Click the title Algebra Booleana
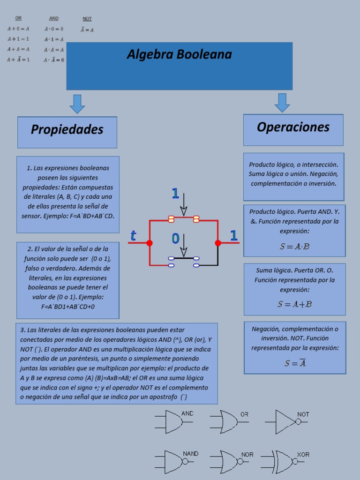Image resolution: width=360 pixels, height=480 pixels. (179, 55)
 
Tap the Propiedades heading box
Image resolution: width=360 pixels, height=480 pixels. (67, 130)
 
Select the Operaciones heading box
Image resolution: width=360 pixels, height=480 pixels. (293, 127)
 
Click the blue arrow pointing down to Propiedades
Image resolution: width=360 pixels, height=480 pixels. (77, 104)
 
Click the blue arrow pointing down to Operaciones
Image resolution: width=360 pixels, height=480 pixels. (282, 103)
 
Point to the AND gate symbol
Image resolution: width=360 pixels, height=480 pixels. (173, 422)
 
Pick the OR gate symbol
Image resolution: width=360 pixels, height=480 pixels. (228, 422)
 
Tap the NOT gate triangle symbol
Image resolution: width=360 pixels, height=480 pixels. (285, 421)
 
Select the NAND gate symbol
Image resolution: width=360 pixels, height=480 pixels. (174, 461)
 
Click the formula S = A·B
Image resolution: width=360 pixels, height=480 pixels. (294, 247)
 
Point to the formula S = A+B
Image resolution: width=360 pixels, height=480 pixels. (294, 304)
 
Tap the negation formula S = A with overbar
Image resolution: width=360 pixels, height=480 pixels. (295, 363)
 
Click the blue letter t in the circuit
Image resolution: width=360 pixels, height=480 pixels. (133, 236)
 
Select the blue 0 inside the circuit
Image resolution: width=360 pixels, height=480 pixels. (175, 239)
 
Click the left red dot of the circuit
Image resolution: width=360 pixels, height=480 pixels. (149, 243)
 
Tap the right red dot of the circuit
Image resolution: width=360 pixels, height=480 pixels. (218, 243)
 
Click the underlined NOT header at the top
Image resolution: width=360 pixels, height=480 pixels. (87, 19)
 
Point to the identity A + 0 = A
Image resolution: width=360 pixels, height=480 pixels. (18, 29)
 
